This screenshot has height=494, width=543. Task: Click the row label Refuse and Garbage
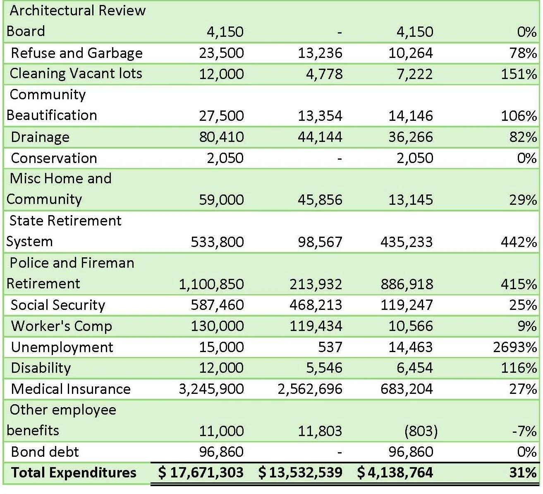coord(77,53)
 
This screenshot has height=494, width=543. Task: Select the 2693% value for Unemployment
coord(514,347)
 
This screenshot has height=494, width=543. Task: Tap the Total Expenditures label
coord(74,472)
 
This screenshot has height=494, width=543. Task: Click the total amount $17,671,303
coord(201,472)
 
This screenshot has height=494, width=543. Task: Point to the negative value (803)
coord(421,431)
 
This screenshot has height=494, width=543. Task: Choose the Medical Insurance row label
coord(71,389)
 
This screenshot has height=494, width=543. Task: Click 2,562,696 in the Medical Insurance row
coord(310,389)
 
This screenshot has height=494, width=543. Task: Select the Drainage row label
coord(40,137)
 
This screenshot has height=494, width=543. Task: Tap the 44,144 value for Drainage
coord(320,137)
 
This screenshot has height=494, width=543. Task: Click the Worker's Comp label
coord(62,326)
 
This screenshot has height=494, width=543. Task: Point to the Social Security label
coord(58,305)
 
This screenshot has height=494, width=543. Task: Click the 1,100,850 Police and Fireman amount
coord(211,284)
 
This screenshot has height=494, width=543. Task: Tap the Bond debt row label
coord(45,451)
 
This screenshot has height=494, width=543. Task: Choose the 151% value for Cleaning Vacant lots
coord(519,74)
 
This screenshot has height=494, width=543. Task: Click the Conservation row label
coord(54,158)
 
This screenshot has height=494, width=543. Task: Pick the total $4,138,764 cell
coord(395,472)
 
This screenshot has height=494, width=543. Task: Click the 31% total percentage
coord(523,472)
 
